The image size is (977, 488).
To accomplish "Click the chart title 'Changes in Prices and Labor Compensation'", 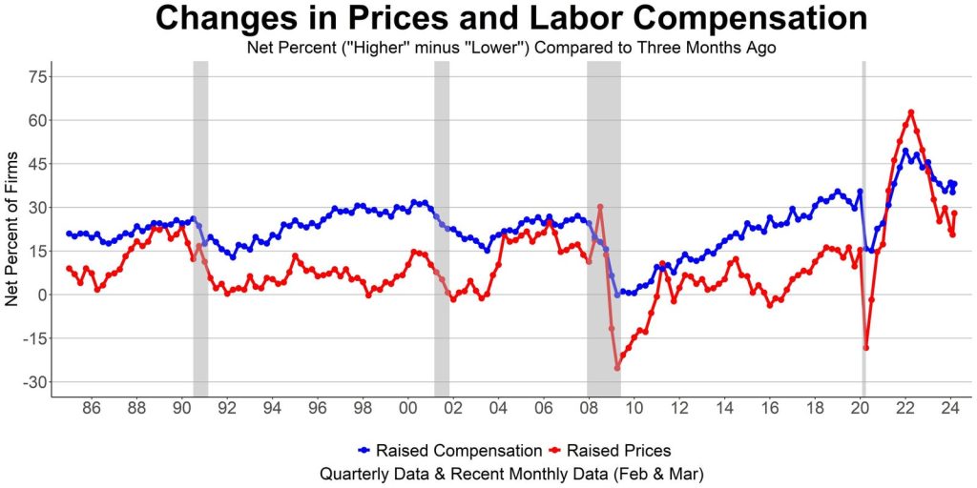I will click(x=511, y=20).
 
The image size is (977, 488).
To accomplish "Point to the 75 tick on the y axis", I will click(x=37, y=77).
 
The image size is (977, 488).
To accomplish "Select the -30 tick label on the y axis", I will click(x=33, y=382).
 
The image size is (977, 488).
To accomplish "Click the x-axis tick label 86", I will click(x=91, y=412).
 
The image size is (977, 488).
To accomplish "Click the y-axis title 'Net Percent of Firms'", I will click(x=12, y=229).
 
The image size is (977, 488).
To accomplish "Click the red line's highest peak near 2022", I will click(x=911, y=112).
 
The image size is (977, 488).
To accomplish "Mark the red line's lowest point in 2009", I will click(x=617, y=368).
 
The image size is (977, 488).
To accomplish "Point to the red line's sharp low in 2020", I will click(x=866, y=347).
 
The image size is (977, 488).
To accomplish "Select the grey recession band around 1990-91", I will click(x=200, y=229).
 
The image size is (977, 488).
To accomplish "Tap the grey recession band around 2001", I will click(x=442, y=229).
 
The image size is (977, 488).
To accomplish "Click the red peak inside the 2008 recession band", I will click(x=600, y=207).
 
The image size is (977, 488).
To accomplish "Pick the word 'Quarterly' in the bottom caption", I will click(x=356, y=473).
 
